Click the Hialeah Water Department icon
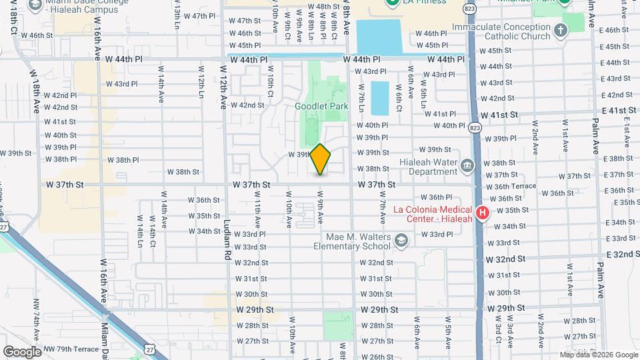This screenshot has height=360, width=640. tap(467, 164)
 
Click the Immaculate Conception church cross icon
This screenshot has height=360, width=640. tap(561, 31)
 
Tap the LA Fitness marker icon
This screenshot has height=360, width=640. tap(393, 3)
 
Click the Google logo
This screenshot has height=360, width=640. tap(22, 351)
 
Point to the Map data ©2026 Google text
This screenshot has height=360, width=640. tap(599, 354)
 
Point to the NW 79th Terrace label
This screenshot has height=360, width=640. tap(72, 349)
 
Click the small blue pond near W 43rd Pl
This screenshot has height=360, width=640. tap(379, 97)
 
